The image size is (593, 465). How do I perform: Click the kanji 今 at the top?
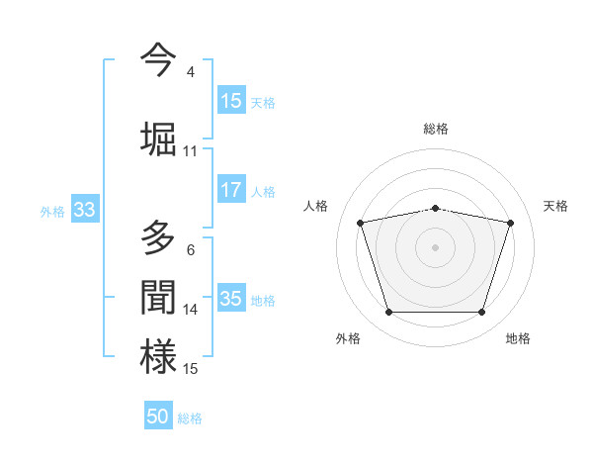click(x=158, y=60)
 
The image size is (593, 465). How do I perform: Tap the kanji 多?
click(x=158, y=240)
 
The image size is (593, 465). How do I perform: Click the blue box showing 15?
click(x=231, y=101)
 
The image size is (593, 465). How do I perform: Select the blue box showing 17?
click(x=231, y=190)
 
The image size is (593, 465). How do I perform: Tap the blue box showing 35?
click(x=231, y=299)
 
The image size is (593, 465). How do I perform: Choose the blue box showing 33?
click(x=84, y=210)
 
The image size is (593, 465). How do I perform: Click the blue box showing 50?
click(x=158, y=417)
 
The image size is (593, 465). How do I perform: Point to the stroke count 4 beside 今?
click(x=190, y=71)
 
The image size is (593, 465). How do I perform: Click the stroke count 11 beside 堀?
click(x=190, y=150)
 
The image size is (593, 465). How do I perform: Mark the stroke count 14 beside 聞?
click(x=190, y=310)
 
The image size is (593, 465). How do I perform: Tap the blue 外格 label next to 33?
click(x=52, y=211)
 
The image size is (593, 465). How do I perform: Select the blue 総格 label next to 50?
click(x=190, y=418)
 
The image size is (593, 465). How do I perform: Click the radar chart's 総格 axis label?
click(x=436, y=129)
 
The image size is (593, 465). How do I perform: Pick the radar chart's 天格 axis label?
click(x=556, y=206)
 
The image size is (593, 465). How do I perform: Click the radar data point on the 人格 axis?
click(x=361, y=223)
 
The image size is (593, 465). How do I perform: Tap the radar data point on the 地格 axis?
click(x=481, y=313)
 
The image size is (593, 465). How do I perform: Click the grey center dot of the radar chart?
click(x=436, y=247)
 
